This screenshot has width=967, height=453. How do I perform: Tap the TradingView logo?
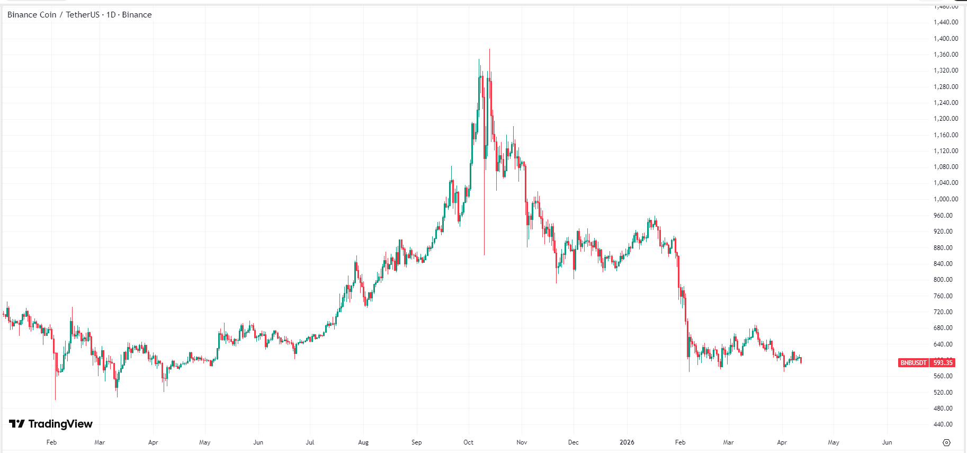[51, 424]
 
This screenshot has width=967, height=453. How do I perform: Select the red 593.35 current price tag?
[943, 363]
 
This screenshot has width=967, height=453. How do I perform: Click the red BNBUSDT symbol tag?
[914, 363]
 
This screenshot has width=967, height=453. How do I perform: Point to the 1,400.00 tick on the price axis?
[946, 39]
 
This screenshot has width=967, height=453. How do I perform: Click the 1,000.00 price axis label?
[946, 199]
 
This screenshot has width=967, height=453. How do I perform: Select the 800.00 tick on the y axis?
[943, 280]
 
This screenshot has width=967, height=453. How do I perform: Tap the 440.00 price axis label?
[943, 424]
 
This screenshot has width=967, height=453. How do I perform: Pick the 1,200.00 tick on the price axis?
[946, 119]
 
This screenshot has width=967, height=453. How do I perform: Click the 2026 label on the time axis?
[626, 442]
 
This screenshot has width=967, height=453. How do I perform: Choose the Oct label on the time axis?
[468, 442]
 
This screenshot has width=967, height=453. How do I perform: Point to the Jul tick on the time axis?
[310, 442]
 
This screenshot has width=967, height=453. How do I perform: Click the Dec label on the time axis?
[573, 442]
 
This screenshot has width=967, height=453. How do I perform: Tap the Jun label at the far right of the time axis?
[887, 442]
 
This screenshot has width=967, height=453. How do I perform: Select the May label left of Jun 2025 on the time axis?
[205, 442]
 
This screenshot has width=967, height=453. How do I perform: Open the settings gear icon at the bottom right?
[947, 442]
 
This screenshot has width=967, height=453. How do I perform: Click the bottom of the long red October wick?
[484, 254]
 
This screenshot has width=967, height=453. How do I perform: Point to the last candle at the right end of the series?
[801, 360]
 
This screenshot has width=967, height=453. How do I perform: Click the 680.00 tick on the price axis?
[943, 328]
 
